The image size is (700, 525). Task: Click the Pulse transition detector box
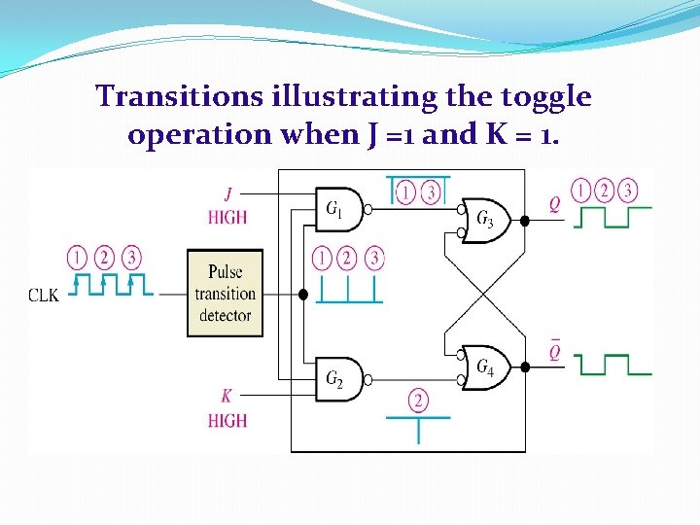pyautogui.click(x=225, y=293)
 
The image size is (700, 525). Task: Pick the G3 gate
pyautogui.click(x=483, y=221)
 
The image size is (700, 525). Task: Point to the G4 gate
pyautogui.click(x=483, y=367)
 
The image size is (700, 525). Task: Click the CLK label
pyautogui.click(x=43, y=295)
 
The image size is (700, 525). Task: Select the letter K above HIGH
pyautogui.click(x=227, y=397)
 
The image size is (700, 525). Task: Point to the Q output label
pyautogui.click(x=554, y=204)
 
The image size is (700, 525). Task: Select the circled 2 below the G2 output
pyautogui.click(x=419, y=399)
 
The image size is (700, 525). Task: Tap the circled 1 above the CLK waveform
pyautogui.click(x=77, y=257)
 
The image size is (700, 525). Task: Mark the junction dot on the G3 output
pyautogui.click(x=525, y=221)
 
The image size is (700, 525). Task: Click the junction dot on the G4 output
pyautogui.click(x=525, y=367)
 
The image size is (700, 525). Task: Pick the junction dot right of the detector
pyautogui.click(x=302, y=294)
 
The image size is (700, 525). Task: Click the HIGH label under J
pyautogui.click(x=227, y=218)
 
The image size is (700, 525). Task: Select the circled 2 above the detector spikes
pyautogui.click(x=348, y=258)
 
